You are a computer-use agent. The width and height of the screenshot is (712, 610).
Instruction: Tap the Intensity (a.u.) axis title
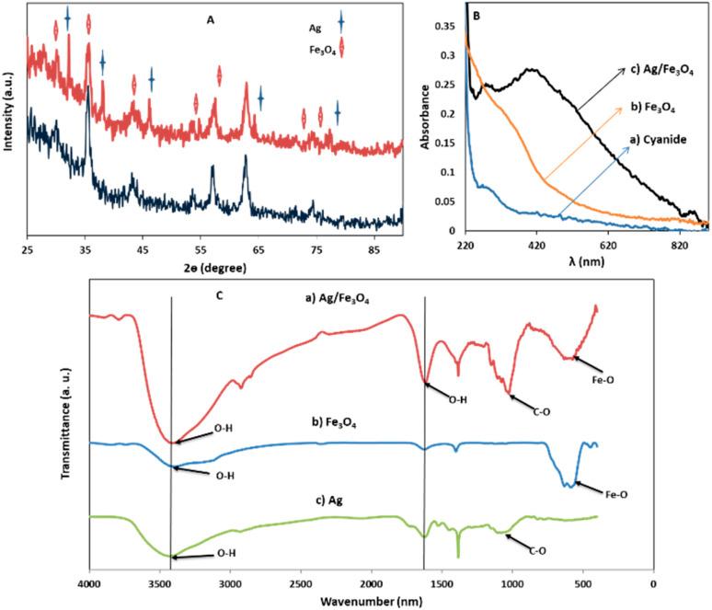click(8, 121)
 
